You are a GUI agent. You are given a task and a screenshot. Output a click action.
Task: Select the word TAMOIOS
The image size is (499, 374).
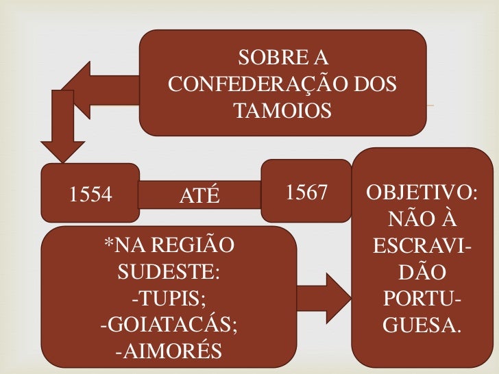[x=282, y=110]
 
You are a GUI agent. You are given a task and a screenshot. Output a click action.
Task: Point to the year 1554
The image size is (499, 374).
[x=90, y=195]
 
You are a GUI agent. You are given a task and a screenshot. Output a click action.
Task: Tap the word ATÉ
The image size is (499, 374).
[x=199, y=197]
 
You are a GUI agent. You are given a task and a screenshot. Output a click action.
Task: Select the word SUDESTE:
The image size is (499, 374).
[x=169, y=272]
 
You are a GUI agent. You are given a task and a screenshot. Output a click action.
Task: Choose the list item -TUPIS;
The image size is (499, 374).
[x=169, y=299]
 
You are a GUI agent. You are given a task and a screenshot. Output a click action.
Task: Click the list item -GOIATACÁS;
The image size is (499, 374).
[x=169, y=325]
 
